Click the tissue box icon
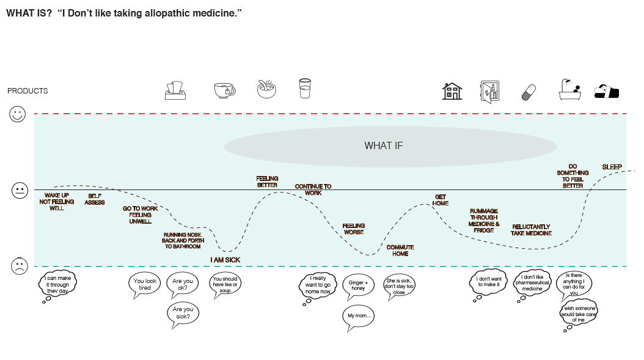click(175, 90)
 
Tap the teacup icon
click(225, 90)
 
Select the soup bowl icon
click(266, 89)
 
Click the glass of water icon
click(305, 89)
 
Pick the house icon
click(452, 91)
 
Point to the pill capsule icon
click(529, 92)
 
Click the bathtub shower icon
click(570, 90)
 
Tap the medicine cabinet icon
click(489, 92)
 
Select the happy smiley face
click(17, 114)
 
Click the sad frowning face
click(20, 266)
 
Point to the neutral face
click(20, 190)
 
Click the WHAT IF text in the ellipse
click(384, 146)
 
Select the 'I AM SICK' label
click(225, 260)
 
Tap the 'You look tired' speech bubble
click(145, 285)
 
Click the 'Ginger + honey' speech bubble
click(358, 285)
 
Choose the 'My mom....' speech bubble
click(358, 317)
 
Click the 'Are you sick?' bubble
click(183, 314)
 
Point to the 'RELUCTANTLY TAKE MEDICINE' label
click(531, 230)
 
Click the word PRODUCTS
click(27, 91)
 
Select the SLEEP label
click(612, 167)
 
